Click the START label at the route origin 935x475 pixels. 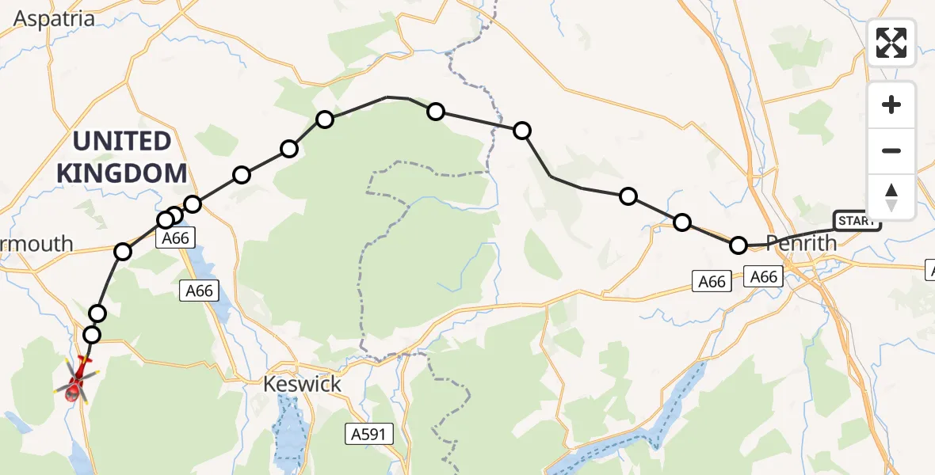tap(857, 221)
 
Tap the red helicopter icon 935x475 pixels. tap(74, 379)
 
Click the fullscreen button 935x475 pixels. tap(891, 43)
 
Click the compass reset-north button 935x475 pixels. tap(891, 197)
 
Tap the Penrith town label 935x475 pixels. tap(801, 243)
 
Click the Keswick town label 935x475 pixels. tap(303, 385)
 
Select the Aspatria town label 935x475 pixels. tap(55, 19)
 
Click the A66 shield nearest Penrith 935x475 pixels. tap(764, 276)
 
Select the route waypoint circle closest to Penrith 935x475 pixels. tap(738, 245)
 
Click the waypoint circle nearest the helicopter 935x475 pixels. tap(92, 335)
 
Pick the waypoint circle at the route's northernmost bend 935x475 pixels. tap(325, 120)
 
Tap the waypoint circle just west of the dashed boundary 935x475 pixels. tap(436, 111)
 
